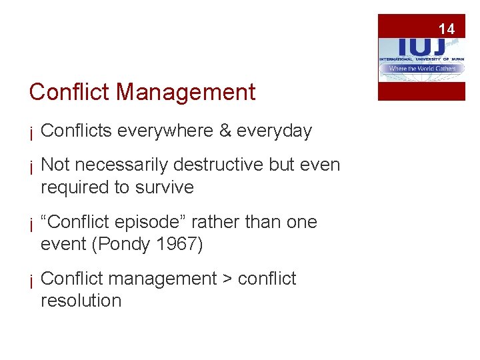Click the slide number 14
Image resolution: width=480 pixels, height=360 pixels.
(446, 29)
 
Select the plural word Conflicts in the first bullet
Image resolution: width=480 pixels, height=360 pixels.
(76, 131)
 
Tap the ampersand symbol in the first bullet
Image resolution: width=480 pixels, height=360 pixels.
(225, 131)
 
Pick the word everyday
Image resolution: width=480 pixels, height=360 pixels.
(275, 131)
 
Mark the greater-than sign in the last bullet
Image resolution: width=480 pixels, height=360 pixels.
(227, 279)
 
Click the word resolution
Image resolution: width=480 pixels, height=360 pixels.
(81, 301)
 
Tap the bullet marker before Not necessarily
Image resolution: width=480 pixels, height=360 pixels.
(31, 167)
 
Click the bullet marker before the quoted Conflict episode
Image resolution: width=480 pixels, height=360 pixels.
(31, 223)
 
